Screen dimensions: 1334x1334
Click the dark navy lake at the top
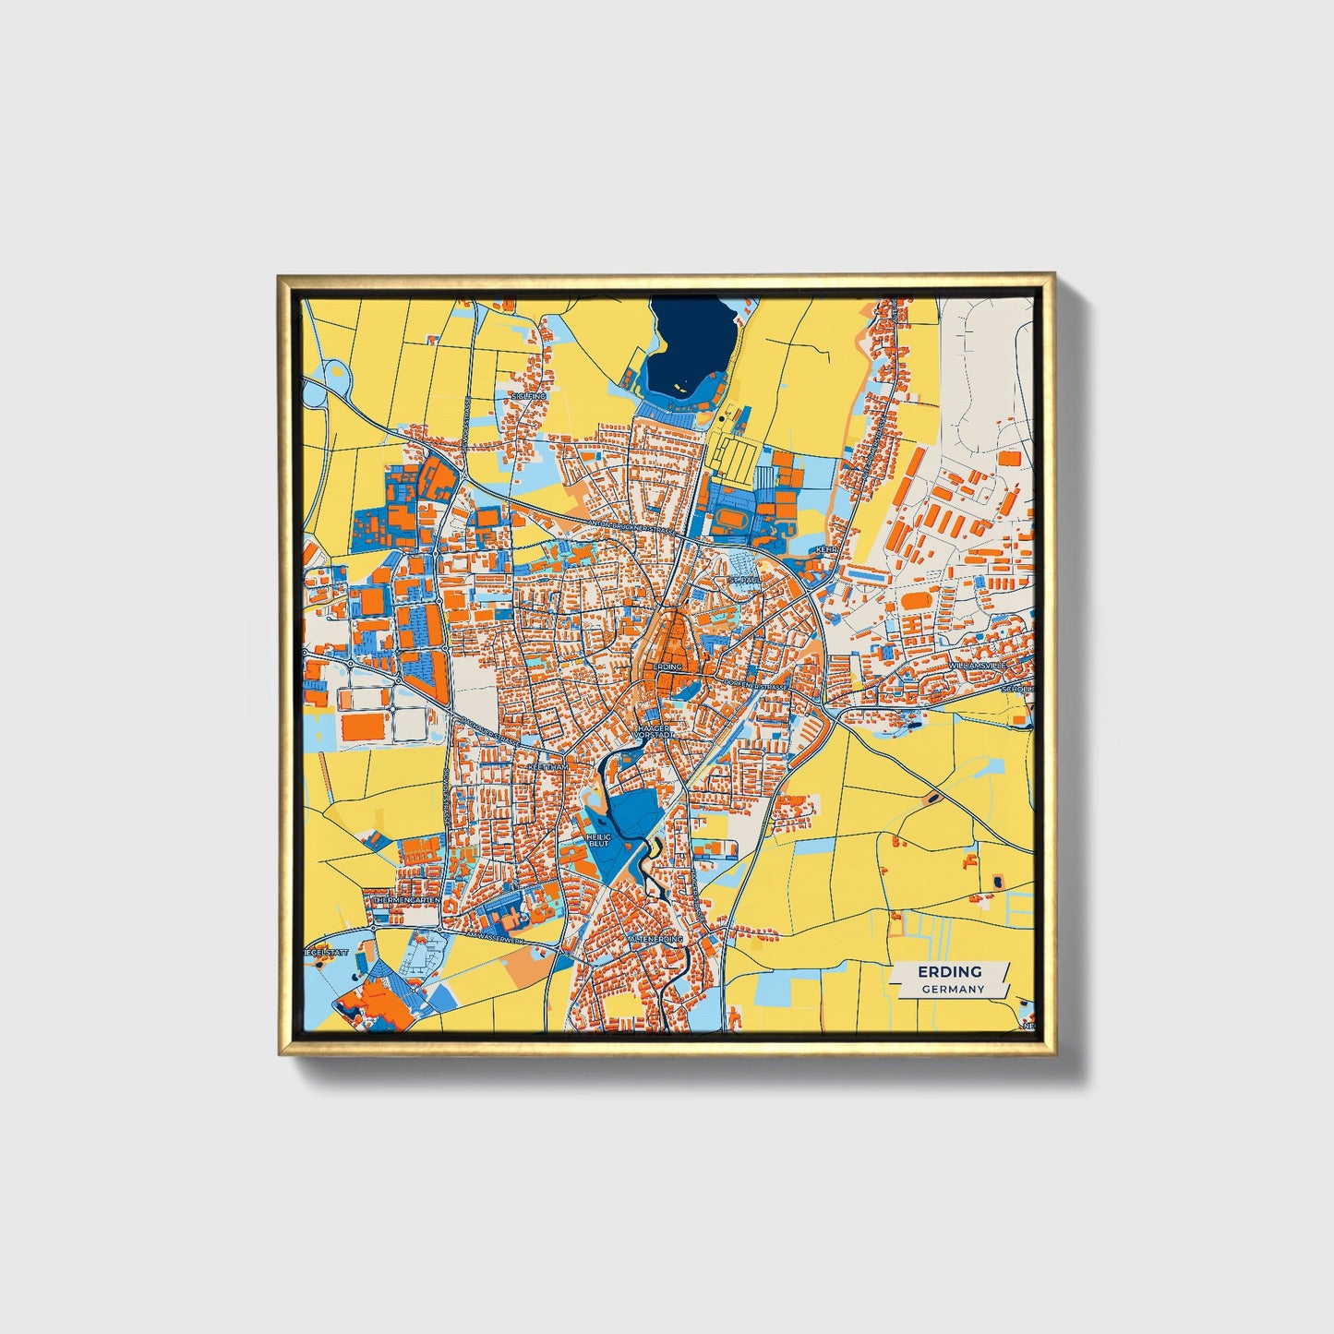point(688,346)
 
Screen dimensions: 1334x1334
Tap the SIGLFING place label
point(529,396)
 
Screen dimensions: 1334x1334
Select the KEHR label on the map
point(825,549)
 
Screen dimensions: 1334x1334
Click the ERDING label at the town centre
point(667,667)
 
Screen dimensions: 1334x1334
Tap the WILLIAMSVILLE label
point(979,666)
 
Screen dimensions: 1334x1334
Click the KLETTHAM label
point(547,767)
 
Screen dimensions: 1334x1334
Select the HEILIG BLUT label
point(599,840)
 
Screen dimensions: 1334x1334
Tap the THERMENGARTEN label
point(407,898)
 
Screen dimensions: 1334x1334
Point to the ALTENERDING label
point(655,939)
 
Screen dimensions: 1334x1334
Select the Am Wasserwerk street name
point(493,935)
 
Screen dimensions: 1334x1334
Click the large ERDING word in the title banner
point(949,972)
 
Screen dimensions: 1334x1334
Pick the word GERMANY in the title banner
point(953,989)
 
